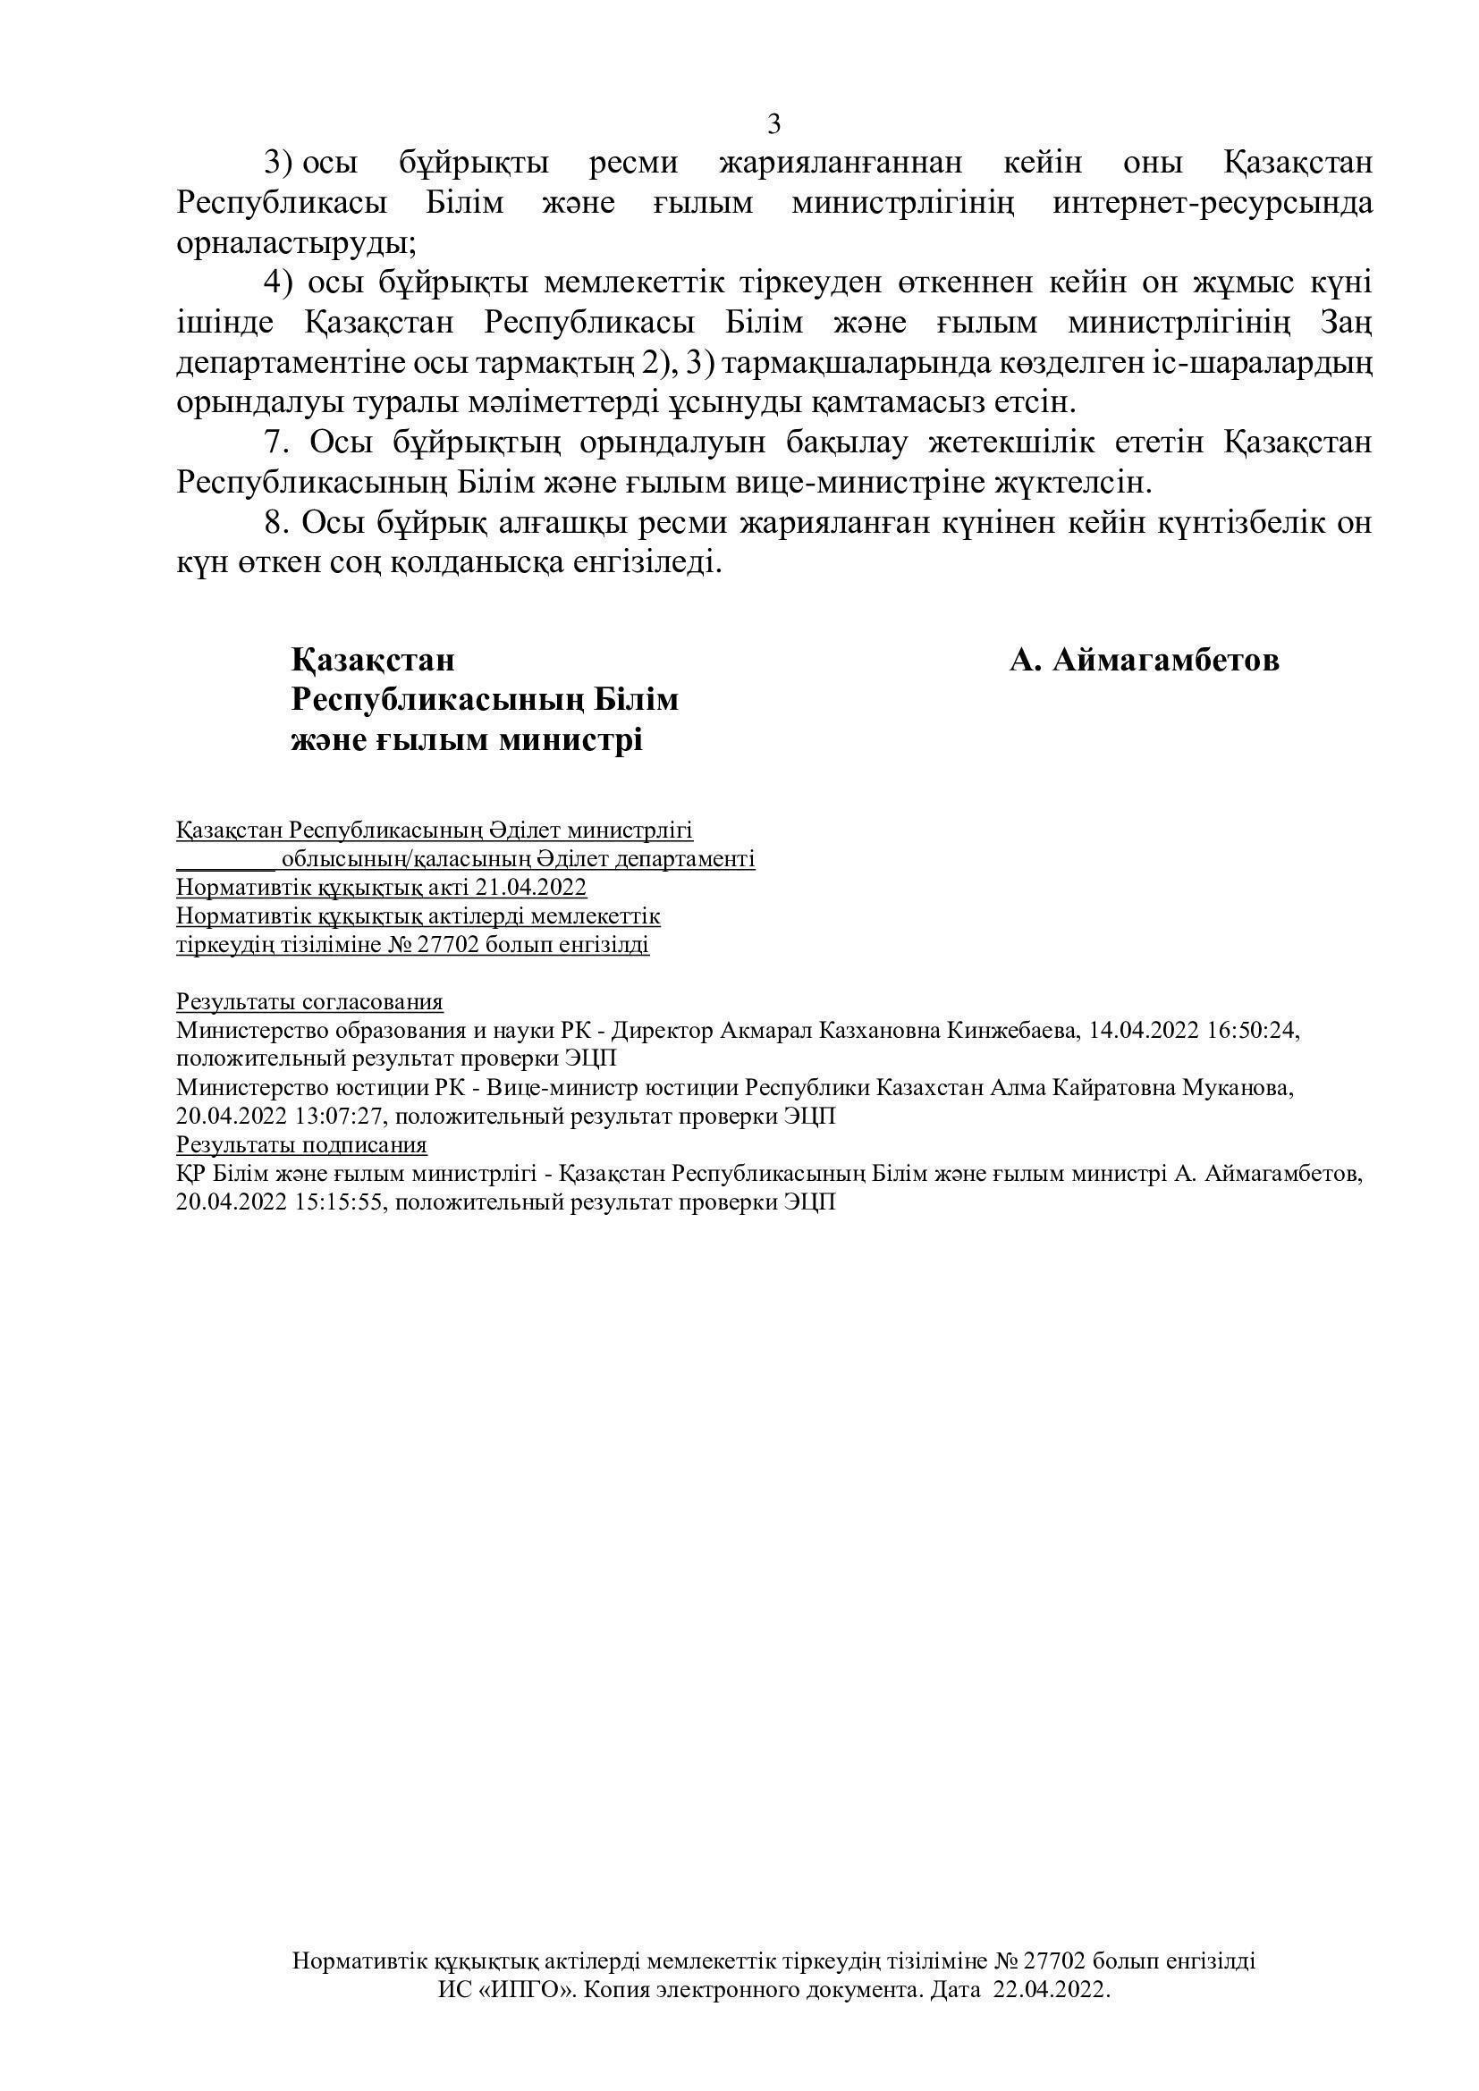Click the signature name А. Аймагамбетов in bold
(1144, 661)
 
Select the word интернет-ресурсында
(1213, 202)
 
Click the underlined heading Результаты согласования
(309, 1003)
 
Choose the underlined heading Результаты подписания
(301, 1145)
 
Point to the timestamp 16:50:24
(1248, 1031)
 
